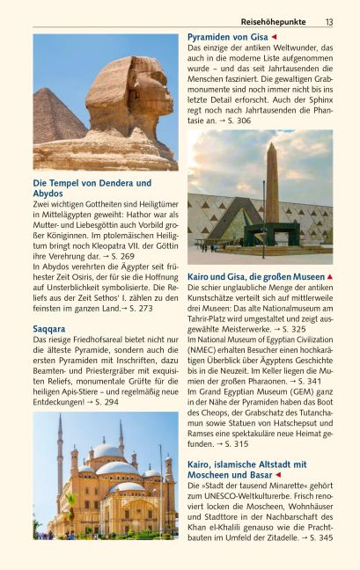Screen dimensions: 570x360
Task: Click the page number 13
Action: pos(329,22)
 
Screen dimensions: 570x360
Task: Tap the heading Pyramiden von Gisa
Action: pos(228,37)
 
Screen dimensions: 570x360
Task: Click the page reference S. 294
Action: pos(103,401)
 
